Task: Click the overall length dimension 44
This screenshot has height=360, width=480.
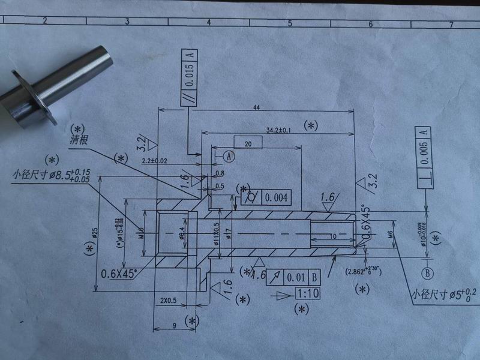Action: (x=256, y=107)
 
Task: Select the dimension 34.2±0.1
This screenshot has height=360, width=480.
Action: (x=278, y=130)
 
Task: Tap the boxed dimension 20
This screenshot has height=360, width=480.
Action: (x=248, y=142)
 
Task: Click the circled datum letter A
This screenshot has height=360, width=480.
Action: (x=229, y=155)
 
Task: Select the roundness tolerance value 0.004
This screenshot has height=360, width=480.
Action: (x=276, y=196)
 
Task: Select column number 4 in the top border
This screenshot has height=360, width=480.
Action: (x=208, y=22)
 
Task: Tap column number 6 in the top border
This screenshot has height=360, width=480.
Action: (x=370, y=23)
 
